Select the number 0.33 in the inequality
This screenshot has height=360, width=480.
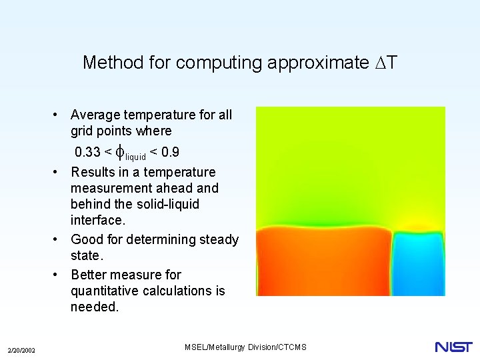click(87, 152)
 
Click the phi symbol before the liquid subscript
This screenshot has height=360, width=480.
click(120, 152)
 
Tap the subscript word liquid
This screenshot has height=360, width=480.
click(136, 157)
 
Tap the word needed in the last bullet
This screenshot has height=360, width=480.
click(94, 307)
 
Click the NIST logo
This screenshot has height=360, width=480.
click(453, 347)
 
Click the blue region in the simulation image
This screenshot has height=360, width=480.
click(417, 263)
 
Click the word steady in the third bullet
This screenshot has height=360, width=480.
click(219, 239)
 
